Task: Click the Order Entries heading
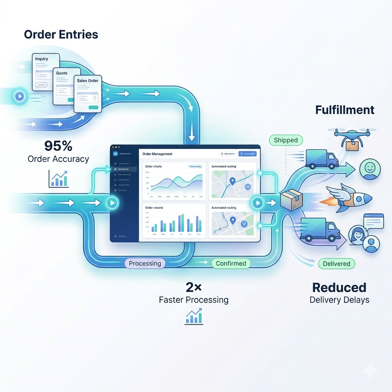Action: point(61,34)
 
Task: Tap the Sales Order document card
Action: point(88,93)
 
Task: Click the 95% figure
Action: point(58,146)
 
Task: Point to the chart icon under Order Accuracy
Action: point(59,179)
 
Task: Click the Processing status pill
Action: point(145,263)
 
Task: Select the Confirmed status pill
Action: point(231,263)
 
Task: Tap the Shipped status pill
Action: point(286,140)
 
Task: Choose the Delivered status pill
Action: point(336,264)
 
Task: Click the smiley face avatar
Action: point(369,170)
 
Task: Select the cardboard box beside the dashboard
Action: point(291,199)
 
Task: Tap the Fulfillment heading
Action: point(345,110)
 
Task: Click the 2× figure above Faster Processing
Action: point(193,287)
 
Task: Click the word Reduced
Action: point(339,287)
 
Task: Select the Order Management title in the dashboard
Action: point(157,154)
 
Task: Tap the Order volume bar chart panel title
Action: point(154,208)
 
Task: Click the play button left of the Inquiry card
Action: point(20,96)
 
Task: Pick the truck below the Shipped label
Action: point(322,159)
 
